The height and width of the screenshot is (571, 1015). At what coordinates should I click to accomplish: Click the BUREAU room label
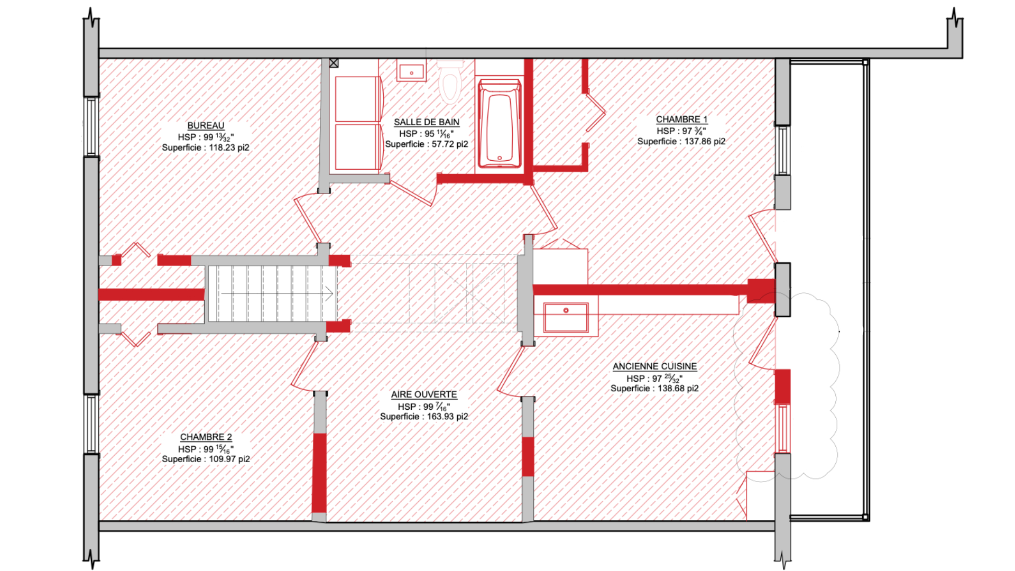[x=206, y=125]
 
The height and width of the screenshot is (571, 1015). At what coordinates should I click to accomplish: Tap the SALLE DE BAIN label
[x=427, y=122]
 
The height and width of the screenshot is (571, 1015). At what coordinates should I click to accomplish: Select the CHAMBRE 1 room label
[x=681, y=119]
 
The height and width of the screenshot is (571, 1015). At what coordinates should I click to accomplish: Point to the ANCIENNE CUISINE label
[x=654, y=366]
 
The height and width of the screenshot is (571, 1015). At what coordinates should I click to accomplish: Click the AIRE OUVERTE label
[x=424, y=394]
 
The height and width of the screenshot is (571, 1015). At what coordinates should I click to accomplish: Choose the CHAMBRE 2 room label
[x=206, y=437]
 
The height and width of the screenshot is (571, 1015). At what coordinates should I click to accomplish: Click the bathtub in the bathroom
[x=499, y=124]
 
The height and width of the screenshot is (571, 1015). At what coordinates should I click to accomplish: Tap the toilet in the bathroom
[x=450, y=82]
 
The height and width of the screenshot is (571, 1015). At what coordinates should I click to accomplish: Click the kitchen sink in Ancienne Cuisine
[x=566, y=317]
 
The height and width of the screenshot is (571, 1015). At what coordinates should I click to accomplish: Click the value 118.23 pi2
[x=229, y=148]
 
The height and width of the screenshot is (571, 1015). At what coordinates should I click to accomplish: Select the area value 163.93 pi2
[x=447, y=417]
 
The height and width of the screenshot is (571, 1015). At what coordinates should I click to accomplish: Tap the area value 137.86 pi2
[x=705, y=142]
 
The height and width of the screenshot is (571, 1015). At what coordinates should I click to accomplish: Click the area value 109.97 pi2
[x=229, y=459]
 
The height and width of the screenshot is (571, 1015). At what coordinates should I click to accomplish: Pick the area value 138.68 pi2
[x=678, y=389]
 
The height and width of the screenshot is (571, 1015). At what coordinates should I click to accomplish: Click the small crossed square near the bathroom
[x=334, y=63]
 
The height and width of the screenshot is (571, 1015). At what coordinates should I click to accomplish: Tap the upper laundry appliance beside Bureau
[x=357, y=99]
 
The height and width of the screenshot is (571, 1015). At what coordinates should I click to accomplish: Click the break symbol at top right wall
[x=955, y=19]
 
